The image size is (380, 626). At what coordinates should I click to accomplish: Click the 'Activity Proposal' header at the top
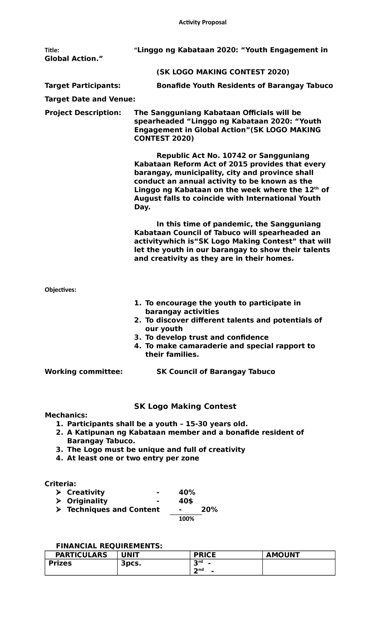(x=203, y=22)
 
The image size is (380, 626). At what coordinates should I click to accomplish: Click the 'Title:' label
(x=52, y=50)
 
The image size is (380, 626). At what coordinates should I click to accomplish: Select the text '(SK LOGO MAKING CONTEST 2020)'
(x=223, y=72)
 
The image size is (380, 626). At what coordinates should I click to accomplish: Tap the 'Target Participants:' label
(x=82, y=86)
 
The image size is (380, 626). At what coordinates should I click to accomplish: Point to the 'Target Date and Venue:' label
(x=90, y=99)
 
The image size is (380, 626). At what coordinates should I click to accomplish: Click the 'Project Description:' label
(x=83, y=113)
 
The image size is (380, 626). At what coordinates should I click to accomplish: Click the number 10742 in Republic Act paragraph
(x=234, y=156)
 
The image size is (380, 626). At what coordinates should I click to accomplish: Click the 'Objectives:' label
(x=60, y=290)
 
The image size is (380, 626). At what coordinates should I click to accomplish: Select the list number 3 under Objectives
(x=137, y=337)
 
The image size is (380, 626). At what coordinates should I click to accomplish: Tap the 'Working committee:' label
(x=84, y=372)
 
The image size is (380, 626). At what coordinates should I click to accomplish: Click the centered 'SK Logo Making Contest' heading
(x=185, y=406)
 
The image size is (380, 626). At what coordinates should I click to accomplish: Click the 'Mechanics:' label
(x=66, y=415)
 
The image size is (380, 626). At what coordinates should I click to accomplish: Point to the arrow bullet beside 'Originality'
(x=59, y=501)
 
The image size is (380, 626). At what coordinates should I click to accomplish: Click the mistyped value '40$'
(x=186, y=501)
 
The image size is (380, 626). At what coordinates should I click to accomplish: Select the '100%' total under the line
(x=186, y=519)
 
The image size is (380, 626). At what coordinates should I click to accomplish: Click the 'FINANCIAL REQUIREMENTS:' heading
(x=109, y=546)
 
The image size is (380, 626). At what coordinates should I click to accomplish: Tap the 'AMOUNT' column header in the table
(x=282, y=555)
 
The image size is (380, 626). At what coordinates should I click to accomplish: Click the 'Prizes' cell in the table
(x=60, y=563)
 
